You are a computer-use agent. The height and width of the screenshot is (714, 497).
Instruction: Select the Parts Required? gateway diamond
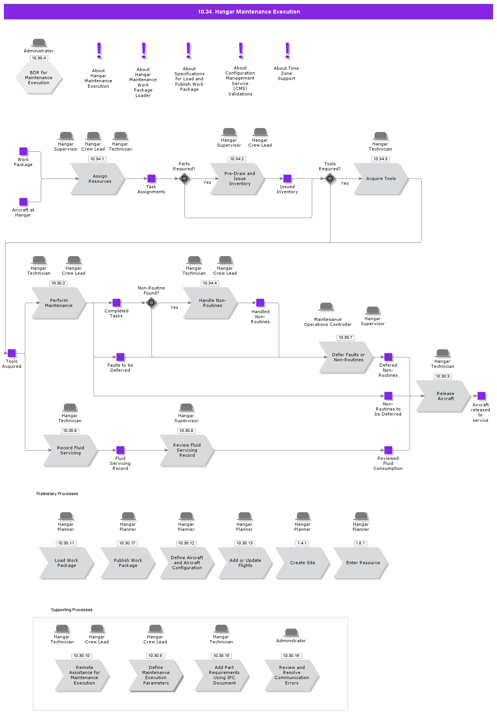tap(184, 178)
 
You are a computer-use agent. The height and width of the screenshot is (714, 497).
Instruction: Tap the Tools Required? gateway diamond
tap(330, 178)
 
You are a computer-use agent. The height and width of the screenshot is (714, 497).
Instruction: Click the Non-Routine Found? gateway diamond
tap(151, 303)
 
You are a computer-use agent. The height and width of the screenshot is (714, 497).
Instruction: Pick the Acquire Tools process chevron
tap(381, 178)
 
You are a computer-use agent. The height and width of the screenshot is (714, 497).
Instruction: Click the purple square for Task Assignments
tap(151, 178)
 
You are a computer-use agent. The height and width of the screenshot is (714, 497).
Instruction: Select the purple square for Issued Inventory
tap(287, 178)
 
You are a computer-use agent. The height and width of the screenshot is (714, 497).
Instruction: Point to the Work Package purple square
tap(23, 151)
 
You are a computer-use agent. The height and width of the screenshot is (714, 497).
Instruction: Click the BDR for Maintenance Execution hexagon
tap(39, 78)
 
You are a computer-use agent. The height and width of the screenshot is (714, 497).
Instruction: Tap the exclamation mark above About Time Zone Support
tap(287, 51)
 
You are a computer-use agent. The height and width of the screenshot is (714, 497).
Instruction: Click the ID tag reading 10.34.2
tap(237, 159)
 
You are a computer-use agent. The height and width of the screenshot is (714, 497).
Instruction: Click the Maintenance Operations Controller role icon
tap(326, 307)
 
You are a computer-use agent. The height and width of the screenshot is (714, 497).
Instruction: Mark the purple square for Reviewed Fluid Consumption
tap(388, 450)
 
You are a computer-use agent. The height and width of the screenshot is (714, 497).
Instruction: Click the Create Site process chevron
tap(302, 563)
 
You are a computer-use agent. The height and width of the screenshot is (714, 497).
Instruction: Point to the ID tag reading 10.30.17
tap(127, 543)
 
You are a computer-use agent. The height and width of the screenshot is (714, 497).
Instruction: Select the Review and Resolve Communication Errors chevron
tap(292, 675)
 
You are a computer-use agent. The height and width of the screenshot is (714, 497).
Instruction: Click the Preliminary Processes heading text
tap(57, 494)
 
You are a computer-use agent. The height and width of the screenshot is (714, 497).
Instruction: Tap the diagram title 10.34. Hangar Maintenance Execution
tap(248, 12)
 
